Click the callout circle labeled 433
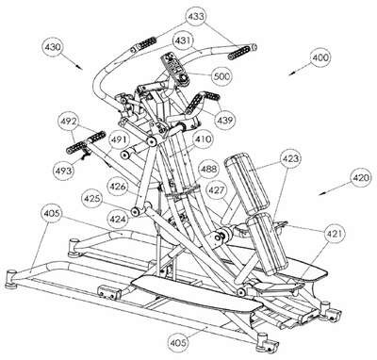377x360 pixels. click(196, 16)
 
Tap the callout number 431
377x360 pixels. click(183, 41)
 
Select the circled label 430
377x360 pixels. click(53, 47)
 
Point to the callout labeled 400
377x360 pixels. click(320, 57)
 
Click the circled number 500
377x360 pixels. click(221, 76)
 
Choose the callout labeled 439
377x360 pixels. click(225, 120)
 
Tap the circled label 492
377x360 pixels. click(69, 122)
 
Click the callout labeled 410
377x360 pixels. click(203, 139)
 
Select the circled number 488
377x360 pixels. click(208, 170)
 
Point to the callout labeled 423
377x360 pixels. click(290, 158)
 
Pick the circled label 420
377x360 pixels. click(360, 178)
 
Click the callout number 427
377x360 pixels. click(217, 189)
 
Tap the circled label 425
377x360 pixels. click(92, 199)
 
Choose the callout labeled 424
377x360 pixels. click(118, 219)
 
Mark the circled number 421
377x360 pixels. click(335, 234)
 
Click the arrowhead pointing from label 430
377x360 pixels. click(80, 67)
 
